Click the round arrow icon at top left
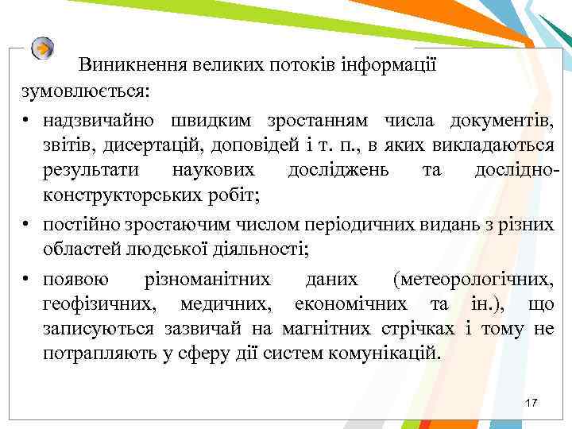click(43, 48)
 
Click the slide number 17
click(531, 404)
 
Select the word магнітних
click(327, 328)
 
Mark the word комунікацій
click(384, 353)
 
